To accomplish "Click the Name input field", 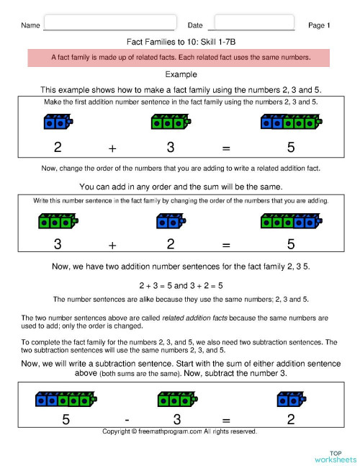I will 110,23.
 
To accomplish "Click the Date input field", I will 255,23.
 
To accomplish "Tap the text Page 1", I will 319,25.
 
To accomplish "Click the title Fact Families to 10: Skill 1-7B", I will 180,42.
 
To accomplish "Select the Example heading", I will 180,74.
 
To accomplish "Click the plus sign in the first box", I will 112,148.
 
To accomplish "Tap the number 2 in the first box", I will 57,148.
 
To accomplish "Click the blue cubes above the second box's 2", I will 170,220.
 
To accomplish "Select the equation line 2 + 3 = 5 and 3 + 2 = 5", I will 180,284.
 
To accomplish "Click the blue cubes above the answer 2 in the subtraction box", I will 291,398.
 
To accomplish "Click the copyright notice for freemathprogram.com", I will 179,431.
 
